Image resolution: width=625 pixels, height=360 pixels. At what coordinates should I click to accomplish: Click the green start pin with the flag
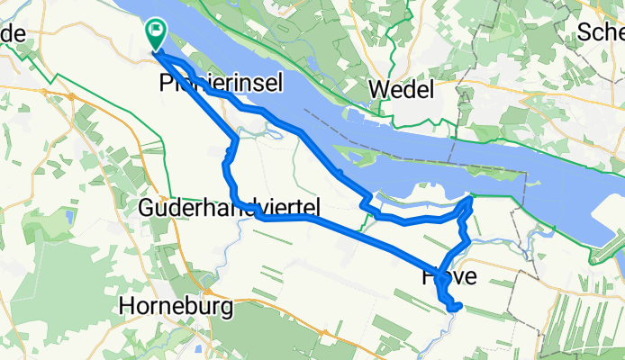click(155, 33)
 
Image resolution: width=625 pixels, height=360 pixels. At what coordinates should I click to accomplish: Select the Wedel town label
click(402, 89)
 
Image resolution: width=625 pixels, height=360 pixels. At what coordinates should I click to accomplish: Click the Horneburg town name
click(176, 306)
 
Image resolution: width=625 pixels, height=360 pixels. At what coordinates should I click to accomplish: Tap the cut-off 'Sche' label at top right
click(601, 31)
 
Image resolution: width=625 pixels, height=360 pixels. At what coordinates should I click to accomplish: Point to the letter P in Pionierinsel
click(164, 84)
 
